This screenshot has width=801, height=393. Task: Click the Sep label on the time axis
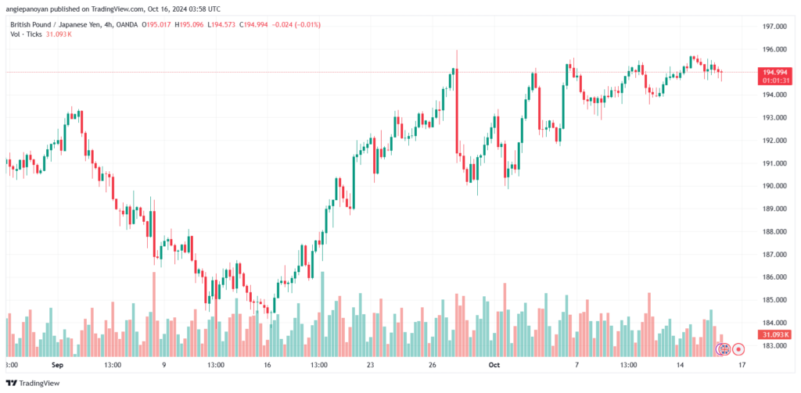click(x=57, y=365)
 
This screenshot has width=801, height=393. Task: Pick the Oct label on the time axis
click(x=493, y=365)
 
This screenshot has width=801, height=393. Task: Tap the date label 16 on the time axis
click(x=268, y=365)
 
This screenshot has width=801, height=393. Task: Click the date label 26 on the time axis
click(x=432, y=365)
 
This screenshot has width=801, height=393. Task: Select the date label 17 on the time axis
click(x=742, y=365)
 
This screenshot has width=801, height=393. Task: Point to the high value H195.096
click(x=188, y=24)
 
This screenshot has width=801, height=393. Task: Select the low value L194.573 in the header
click(x=221, y=24)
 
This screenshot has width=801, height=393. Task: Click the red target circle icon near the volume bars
click(x=738, y=349)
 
